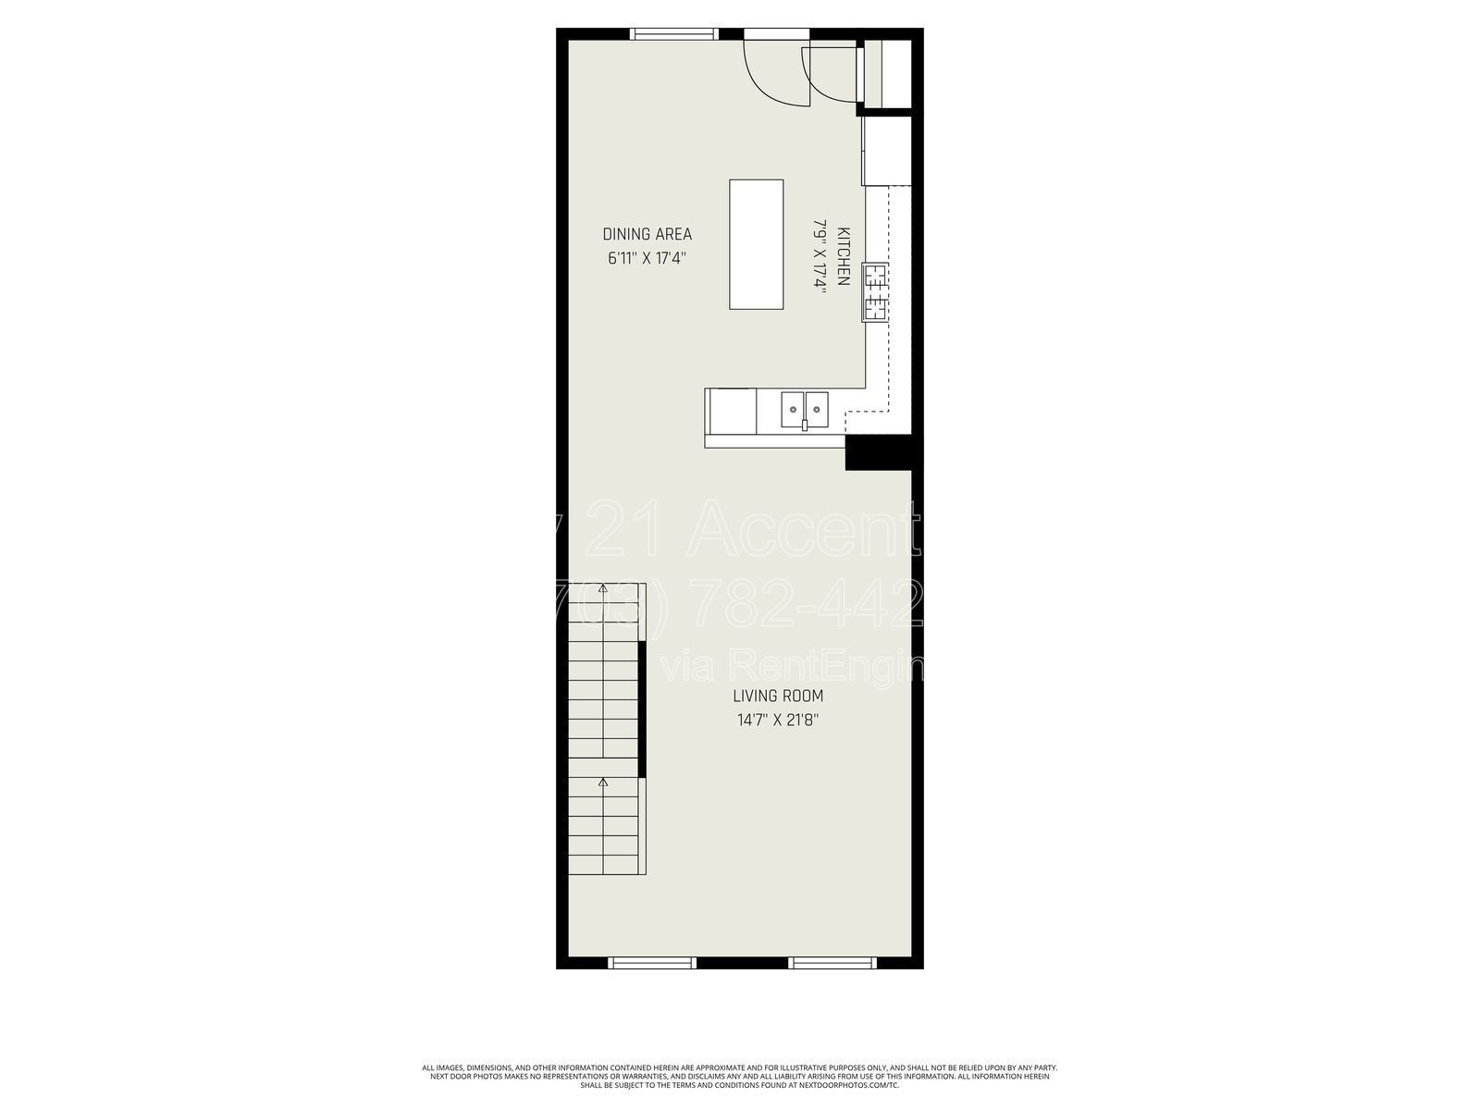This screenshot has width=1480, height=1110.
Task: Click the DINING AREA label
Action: (x=647, y=234)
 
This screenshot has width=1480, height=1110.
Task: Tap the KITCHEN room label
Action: (x=843, y=256)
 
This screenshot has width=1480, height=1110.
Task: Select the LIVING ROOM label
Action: (x=777, y=697)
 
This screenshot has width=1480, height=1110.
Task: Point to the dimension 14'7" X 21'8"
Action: (x=777, y=720)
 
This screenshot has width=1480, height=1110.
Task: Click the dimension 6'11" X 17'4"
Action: (x=647, y=259)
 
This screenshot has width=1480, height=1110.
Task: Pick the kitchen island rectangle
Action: (x=756, y=244)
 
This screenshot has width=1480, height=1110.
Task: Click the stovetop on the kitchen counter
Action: (x=876, y=291)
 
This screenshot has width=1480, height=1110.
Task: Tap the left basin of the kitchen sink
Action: (x=793, y=408)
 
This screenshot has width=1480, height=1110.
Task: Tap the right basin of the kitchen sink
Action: (x=817, y=408)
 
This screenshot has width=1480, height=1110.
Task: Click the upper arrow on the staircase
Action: (x=603, y=587)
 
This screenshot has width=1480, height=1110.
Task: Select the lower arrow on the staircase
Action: (x=603, y=783)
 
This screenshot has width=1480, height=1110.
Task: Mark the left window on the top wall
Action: (x=672, y=34)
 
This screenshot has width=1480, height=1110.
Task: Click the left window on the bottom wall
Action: (x=652, y=963)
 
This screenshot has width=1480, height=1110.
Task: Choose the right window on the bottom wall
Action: (x=832, y=963)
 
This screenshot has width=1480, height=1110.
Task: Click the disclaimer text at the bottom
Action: (x=739, y=1076)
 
